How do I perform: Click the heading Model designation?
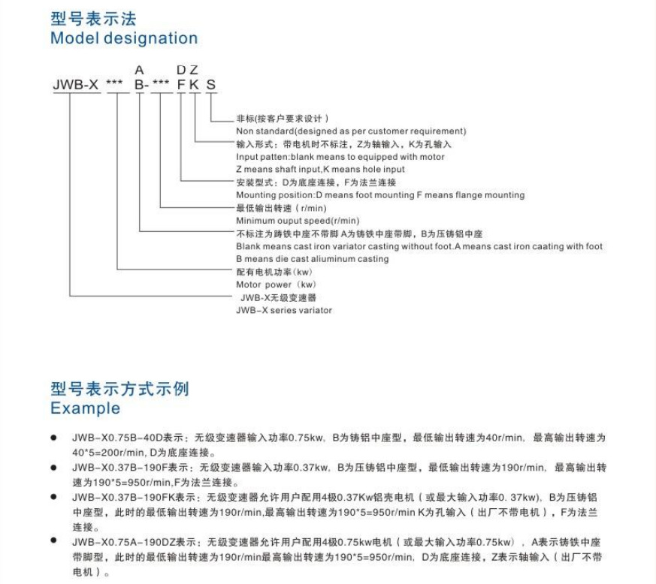(124, 38)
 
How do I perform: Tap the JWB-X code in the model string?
(76, 85)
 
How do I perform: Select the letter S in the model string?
(211, 85)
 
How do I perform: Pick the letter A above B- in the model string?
(139, 70)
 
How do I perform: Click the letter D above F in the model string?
(181, 70)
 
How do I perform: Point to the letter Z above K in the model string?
(194, 70)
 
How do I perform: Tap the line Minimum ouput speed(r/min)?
(298, 221)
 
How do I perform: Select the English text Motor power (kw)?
(276, 284)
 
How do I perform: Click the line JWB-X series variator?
(283, 310)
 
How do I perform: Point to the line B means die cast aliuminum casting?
(312, 259)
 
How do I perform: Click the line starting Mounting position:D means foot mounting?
(380, 195)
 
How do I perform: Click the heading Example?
(85, 408)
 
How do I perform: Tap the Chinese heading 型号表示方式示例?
(119, 389)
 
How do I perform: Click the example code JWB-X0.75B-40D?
(112, 437)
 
